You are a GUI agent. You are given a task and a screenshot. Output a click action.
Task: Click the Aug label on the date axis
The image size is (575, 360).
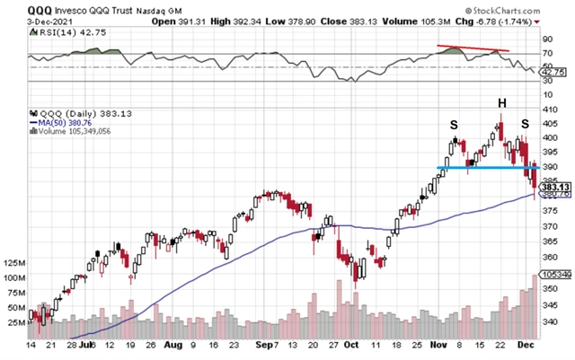pyautogui.click(x=173, y=344)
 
